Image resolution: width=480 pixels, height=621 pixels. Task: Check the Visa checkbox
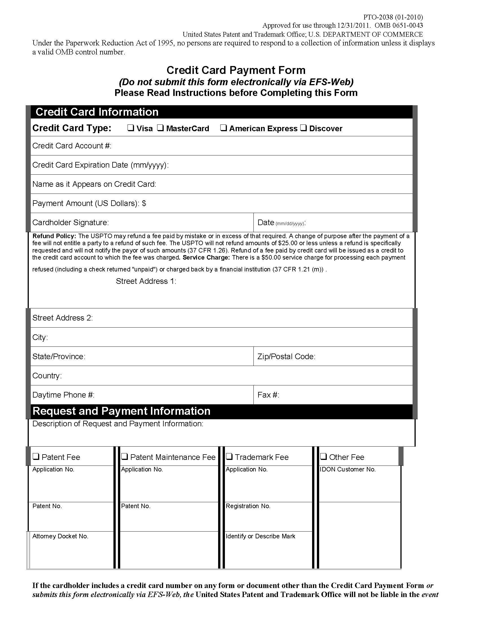point(131,128)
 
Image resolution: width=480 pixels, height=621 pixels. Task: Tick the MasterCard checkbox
point(161,128)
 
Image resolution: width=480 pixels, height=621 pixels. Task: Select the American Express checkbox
point(223,128)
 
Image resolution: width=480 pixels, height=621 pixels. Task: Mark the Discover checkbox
point(304,128)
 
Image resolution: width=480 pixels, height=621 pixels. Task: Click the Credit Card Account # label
point(72,146)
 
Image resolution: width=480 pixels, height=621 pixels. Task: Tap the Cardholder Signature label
point(71,222)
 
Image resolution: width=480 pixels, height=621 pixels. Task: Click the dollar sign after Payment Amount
point(144,203)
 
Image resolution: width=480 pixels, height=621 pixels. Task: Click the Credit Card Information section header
point(97,112)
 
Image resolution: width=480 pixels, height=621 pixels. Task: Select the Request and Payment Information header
point(121,411)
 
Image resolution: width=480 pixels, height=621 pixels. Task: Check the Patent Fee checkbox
point(36,457)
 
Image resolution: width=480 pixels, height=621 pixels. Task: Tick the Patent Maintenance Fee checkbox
point(124,457)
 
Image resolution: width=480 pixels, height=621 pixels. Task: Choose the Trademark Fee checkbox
point(229,457)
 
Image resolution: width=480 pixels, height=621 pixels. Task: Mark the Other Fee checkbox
point(323,457)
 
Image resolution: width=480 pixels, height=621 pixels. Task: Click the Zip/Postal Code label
point(286,357)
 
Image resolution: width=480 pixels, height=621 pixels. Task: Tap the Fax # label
point(268,395)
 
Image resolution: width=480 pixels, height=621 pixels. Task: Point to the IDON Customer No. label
point(347,469)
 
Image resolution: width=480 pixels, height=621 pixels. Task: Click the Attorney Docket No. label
point(60,536)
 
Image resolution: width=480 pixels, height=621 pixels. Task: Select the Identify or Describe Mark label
point(260,536)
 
